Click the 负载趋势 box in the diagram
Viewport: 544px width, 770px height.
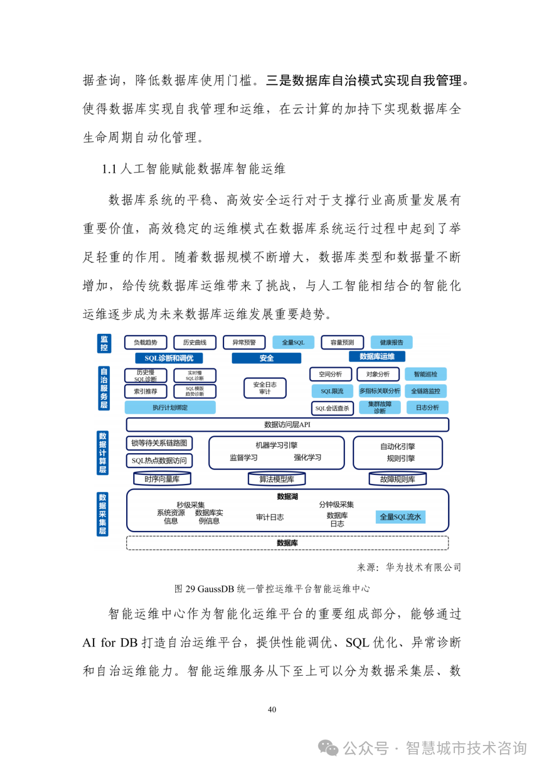point(145,343)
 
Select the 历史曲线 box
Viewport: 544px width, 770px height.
point(194,343)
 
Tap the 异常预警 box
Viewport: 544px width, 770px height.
point(244,343)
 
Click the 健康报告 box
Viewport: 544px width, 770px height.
point(391,343)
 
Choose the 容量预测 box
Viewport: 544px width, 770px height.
point(342,343)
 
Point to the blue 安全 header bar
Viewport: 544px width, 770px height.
point(266,358)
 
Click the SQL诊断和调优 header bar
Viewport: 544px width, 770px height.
point(169,358)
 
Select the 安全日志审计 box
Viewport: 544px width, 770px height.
point(264,388)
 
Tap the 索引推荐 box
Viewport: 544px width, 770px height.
point(145,391)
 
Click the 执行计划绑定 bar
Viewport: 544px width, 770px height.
point(170,407)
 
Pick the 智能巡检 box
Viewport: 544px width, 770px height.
point(425,374)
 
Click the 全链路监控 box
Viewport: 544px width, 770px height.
point(425,391)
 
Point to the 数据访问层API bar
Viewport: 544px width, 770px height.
point(287,425)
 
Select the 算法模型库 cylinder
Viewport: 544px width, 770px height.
point(276,479)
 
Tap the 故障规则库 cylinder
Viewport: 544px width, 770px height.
point(397,479)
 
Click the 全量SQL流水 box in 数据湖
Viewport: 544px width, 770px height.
point(400,517)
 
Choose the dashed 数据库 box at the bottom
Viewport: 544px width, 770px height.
point(287,543)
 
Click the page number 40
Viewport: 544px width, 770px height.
point(272,710)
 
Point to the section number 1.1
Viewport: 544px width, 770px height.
point(109,169)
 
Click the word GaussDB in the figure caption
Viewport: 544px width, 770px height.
point(215,589)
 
